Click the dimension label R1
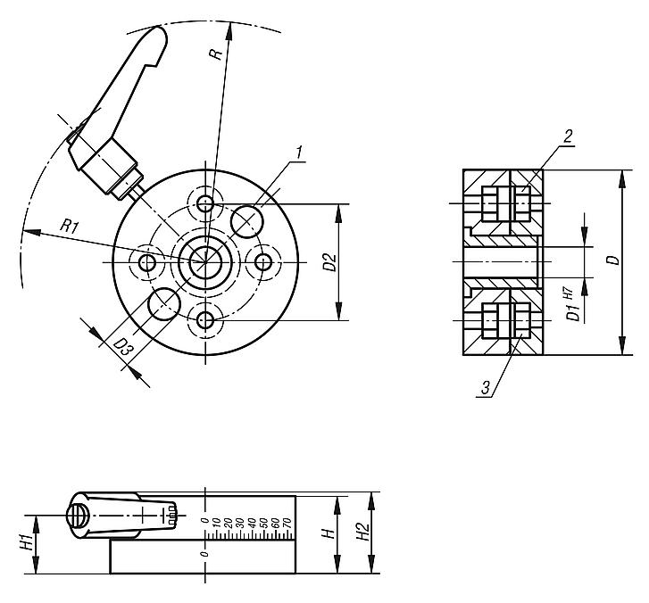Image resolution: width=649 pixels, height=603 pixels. point(71,227)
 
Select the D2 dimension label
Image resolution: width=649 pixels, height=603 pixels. point(329,262)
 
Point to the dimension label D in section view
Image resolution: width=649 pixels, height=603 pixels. point(611,260)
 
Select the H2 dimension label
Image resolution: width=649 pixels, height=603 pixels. point(362,533)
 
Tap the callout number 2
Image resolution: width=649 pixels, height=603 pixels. point(568,135)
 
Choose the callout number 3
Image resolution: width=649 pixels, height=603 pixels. point(485,388)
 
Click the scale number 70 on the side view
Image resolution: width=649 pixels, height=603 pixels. point(287,525)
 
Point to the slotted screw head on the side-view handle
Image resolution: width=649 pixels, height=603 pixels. point(78,516)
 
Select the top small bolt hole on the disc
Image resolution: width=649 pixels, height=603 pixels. point(206,203)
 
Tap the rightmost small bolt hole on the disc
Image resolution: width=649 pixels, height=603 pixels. point(263,262)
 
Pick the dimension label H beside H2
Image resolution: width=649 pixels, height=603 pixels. point(329,533)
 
